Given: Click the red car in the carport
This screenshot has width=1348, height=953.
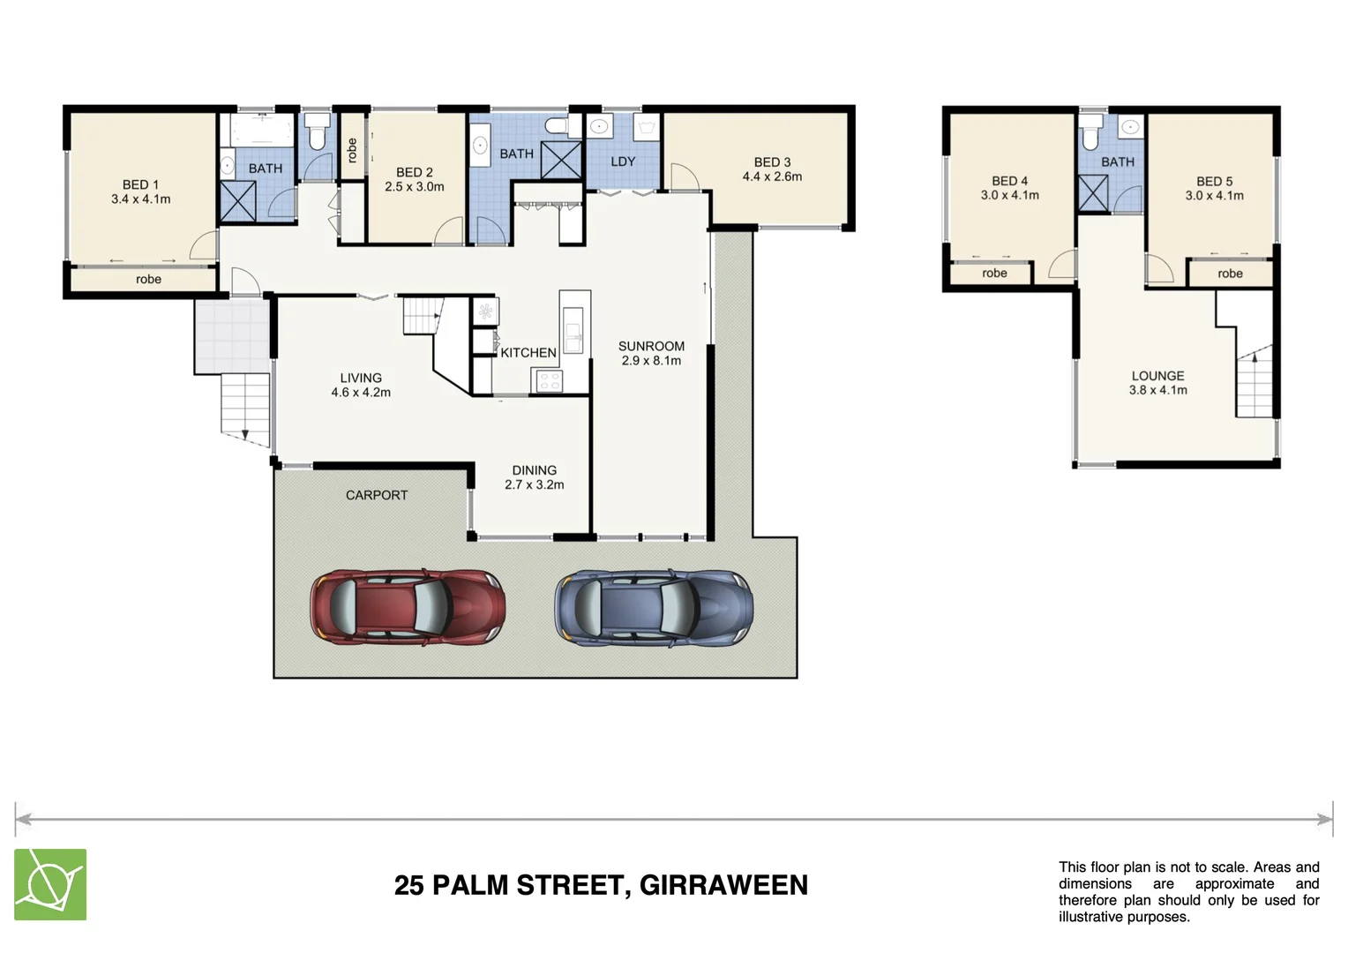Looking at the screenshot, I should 408,606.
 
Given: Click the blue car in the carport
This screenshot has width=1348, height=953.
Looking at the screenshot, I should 653,606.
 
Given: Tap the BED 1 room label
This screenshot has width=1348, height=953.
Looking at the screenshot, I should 140,184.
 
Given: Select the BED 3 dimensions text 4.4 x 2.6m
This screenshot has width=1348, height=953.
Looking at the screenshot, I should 772,176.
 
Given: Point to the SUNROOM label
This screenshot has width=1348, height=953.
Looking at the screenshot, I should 651,346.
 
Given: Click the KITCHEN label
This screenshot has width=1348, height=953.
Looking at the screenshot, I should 528,352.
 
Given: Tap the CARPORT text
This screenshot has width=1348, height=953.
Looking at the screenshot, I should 377,495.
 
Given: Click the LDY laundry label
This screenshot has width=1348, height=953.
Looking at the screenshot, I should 623,161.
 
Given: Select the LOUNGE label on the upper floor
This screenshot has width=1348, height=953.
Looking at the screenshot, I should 1157,375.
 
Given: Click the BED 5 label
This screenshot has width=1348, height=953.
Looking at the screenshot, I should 1214,181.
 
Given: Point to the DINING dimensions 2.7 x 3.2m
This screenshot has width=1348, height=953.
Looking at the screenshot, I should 534,484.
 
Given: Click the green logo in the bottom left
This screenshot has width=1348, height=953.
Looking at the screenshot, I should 50,884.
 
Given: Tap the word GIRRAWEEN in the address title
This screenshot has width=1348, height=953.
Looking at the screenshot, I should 723,885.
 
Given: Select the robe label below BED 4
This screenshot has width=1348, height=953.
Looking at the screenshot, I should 994,274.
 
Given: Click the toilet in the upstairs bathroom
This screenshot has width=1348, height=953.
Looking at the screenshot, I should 1090,136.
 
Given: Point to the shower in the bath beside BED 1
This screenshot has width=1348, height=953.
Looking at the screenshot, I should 237,200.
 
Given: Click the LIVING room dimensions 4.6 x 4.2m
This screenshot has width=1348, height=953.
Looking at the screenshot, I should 361,393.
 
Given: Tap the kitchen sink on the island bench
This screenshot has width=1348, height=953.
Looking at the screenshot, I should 573,332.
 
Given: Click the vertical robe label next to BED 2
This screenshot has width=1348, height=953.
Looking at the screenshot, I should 352,150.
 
